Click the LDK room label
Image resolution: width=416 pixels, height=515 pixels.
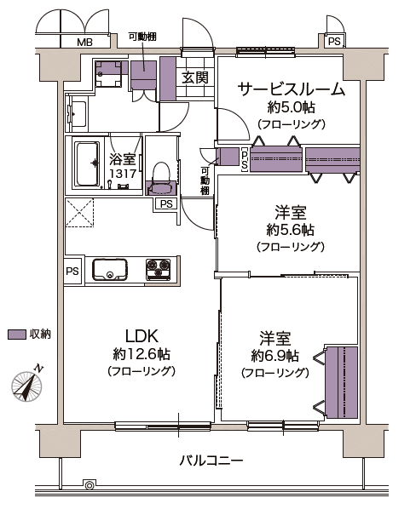click(x=142, y=335)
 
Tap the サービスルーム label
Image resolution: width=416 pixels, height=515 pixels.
click(x=291, y=89)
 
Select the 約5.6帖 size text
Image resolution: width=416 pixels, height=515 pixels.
click(x=291, y=230)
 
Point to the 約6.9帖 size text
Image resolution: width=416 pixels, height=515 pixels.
click(x=275, y=356)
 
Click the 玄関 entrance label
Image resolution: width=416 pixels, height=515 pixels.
click(x=195, y=77)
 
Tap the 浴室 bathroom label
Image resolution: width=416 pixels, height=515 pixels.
click(x=123, y=159)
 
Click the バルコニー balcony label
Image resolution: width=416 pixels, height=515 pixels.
click(x=211, y=461)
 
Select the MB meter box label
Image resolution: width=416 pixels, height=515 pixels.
click(x=85, y=42)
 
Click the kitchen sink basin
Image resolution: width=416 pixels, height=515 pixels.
click(x=109, y=270)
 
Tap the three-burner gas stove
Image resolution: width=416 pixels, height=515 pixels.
click(x=159, y=270)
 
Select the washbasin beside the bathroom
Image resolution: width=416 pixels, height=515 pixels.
click(x=77, y=114)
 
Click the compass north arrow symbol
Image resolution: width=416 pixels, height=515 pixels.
click(x=27, y=384)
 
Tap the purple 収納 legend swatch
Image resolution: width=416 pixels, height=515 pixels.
click(x=17, y=335)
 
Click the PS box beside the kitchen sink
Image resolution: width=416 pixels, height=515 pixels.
click(x=72, y=272)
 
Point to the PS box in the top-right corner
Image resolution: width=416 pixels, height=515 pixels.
click(x=334, y=42)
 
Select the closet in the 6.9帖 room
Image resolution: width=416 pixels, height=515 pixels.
click(x=342, y=382)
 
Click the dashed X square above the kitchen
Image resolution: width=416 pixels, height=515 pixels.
click(x=79, y=212)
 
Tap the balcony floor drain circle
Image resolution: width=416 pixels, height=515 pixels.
click(x=89, y=484)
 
